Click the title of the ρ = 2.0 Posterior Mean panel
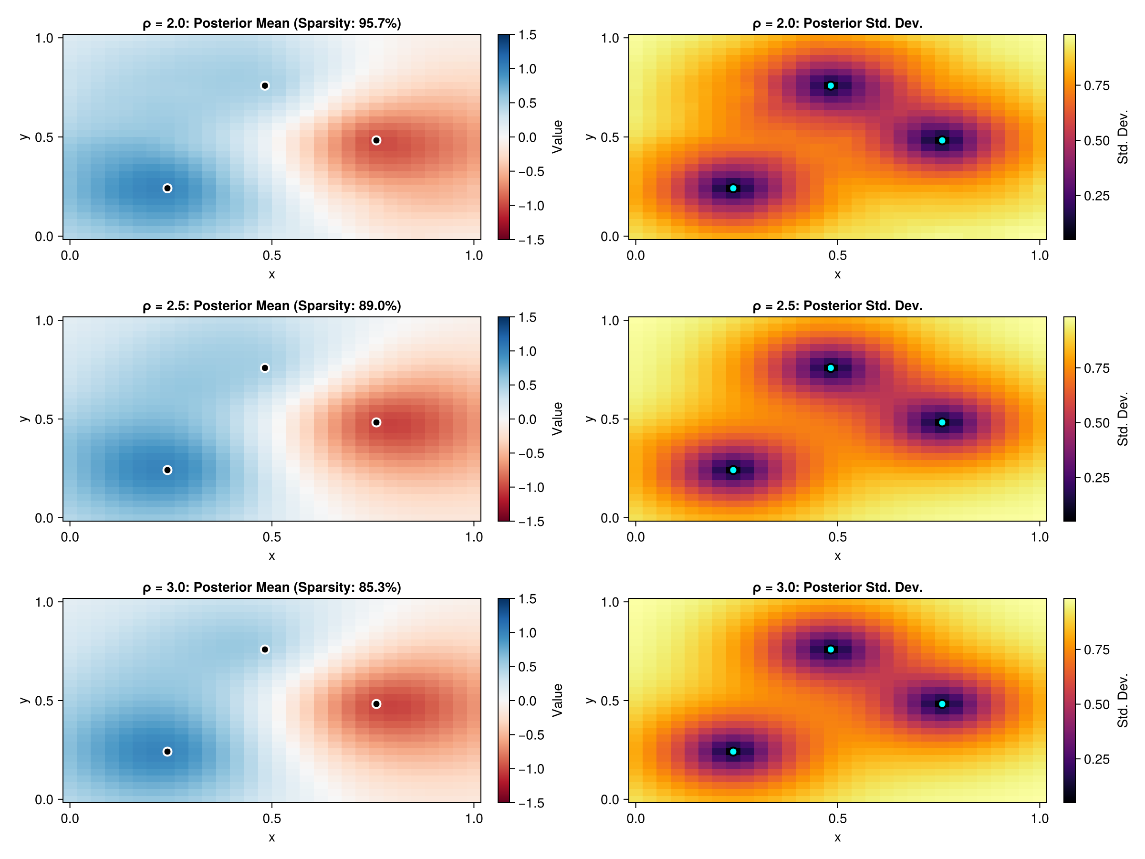pos(272,23)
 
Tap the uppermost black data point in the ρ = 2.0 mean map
pos(264,85)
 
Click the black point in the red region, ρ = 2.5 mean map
pos(376,422)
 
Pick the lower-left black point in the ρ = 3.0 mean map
pos(167,751)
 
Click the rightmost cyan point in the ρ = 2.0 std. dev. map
pos(942,140)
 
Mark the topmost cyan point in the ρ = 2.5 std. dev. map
pos(831,368)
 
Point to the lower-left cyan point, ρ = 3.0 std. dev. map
pos(733,751)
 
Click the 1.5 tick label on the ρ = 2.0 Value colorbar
pos(528,35)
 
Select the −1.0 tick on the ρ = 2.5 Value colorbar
pos(531,487)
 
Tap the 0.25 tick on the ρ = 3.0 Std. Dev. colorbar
pos(1096,759)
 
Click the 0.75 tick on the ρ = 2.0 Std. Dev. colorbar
pos(1096,85)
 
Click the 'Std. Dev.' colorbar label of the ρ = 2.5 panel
pos(1122,419)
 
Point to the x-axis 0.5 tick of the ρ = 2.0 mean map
pos(272,255)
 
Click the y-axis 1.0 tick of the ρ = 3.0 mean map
pos(44,602)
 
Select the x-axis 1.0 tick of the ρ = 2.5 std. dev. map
pos(1040,537)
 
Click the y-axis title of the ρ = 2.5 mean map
pos(24,419)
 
